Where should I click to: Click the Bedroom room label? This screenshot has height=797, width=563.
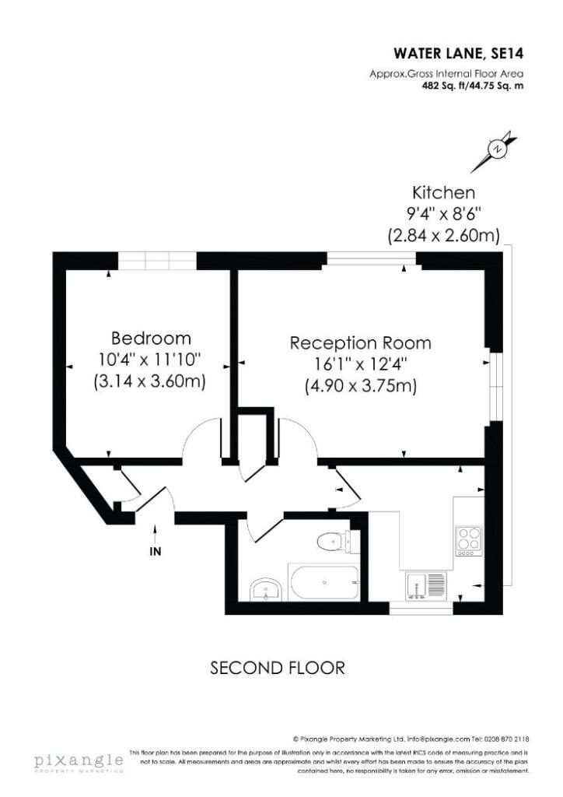pyautogui.click(x=151, y=338)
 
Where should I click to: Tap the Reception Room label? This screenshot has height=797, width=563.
pyautogui.click(x=361, y=343)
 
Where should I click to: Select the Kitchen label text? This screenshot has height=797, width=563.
pyautogui.click(x=443, y=193)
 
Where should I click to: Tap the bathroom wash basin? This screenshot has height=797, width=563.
pyautogui.click(x=265, y=590)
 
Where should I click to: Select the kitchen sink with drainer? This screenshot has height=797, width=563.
pyautogui.click(x=426, y=585)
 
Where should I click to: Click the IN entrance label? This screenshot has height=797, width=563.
pyautogui.click(x=156, y=552)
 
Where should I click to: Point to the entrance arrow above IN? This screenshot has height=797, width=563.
pyautogui.click(x=155, y=534)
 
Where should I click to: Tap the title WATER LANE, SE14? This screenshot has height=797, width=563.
pyautogui.click(x=459, y=54)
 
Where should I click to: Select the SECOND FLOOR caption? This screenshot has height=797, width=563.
pyautogui.click(x=278, y=667)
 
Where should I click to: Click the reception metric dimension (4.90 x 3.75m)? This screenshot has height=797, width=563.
pyautogui.click(x=361, y=386)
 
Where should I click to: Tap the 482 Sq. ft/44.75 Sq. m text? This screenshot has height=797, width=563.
pyautogui.click(x=473, y=86)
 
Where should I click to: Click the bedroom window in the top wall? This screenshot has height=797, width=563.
pyautogui.click(x=157, y=261)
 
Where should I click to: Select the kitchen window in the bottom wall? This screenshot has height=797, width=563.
pyautogui.click(x=421, y=608)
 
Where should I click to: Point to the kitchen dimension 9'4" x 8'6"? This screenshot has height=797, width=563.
pyautogui.click(x=444, y=214)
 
